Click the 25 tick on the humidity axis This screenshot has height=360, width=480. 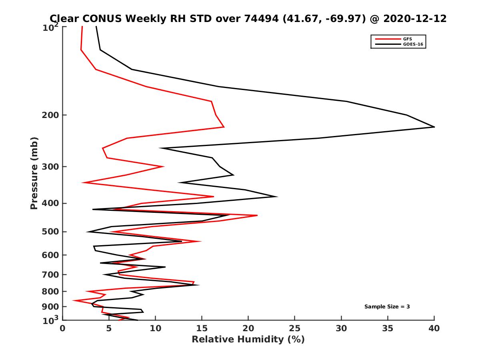(x=295, y=328)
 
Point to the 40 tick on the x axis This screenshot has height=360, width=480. (x=434, y=328)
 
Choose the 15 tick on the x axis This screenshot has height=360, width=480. (x=202, y=328)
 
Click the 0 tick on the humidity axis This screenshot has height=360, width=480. (x=63, y=328)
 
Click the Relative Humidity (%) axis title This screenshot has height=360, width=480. (x=248, y=340)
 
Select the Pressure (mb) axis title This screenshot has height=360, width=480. (x=34, y=173)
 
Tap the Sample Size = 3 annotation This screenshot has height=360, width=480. (x=387, y=307)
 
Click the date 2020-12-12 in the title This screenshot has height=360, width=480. (x=414, y=18)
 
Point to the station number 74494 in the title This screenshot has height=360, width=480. (x=258, y=18)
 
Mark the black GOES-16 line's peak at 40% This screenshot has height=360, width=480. (x=434, y=127)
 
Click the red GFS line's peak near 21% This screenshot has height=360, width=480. (x=257, y=215)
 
